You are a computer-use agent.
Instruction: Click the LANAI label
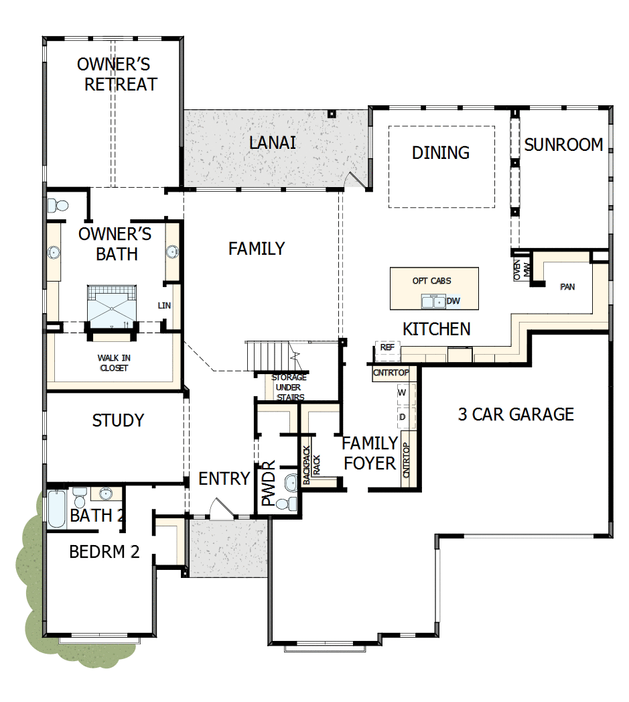[272, 143]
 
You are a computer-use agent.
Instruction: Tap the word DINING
[440, 153]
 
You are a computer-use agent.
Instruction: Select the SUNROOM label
[563, 145]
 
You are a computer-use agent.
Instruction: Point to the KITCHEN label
[436, 329]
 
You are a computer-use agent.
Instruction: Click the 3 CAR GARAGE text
[516, 414]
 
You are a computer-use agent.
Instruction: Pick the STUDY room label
[118, 420]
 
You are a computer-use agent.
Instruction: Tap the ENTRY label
[224, 479]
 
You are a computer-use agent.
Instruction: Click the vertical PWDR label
[268, 483]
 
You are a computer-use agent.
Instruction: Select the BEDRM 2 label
[104, 552]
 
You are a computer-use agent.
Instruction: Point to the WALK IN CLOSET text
[114, 363]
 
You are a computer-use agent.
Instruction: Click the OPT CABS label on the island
[431, 281]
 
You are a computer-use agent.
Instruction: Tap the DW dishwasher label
[453, 301]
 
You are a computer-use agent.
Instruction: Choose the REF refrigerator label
[387, 347]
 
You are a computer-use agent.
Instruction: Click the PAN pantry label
[567, 287]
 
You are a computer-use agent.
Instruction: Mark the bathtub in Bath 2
[57, 508]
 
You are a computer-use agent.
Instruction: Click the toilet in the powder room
[289, 503]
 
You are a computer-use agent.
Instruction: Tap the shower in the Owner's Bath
[112, 308]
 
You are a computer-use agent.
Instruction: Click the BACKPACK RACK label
[311, 465]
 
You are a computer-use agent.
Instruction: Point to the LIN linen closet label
[164, 306]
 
